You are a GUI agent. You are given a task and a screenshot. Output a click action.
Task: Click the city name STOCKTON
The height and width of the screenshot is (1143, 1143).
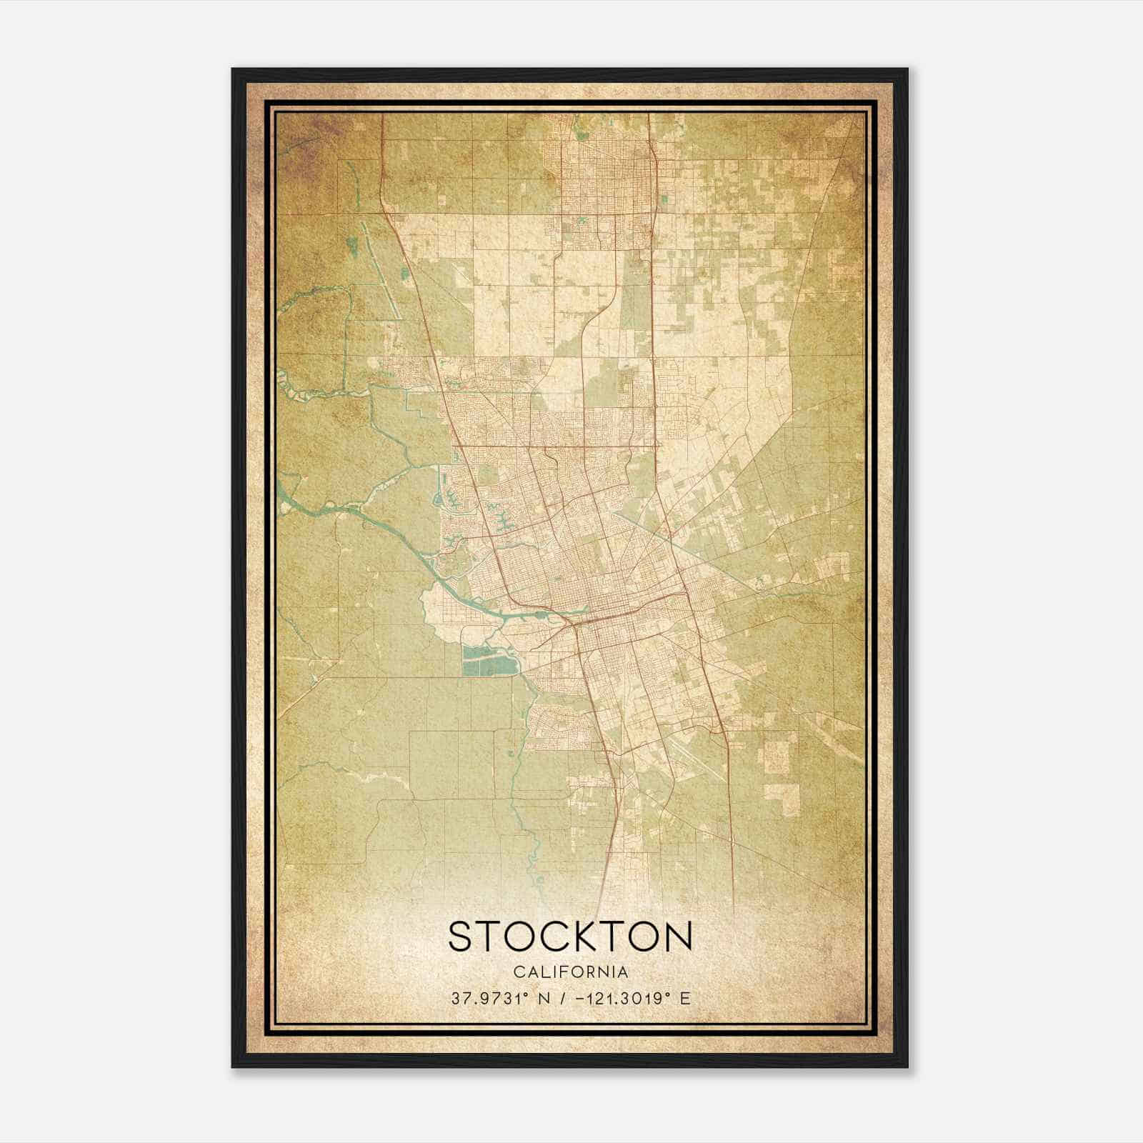[x=570, y=936]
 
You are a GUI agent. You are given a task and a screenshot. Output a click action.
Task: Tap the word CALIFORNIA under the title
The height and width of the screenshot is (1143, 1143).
[x=570, y=972]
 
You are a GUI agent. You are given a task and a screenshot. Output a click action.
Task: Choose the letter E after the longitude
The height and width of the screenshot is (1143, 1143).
[x=687, y=998]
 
